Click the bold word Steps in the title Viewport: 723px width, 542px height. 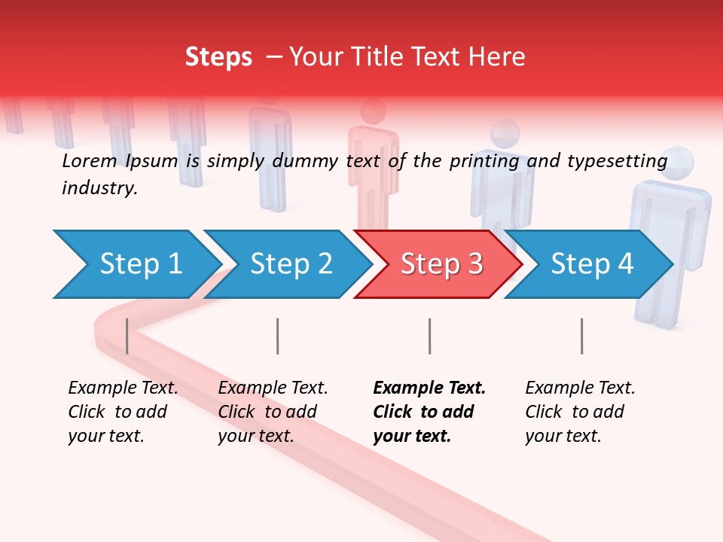pos(218,57)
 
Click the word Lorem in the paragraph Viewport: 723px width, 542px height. pos(89,161)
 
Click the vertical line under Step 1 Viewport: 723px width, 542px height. pos(127,336)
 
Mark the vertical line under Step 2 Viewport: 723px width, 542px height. pos(278,336)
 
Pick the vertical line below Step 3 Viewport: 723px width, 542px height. pos(429,336)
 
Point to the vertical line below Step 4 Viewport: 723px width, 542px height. pos(581,336)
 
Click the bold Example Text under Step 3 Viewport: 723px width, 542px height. pos(429,388)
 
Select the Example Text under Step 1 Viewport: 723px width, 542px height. pos(123,388)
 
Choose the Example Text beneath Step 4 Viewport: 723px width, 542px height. pos(580,388)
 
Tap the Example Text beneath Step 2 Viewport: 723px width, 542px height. pos(273,388)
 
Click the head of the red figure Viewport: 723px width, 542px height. pos(373,111)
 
